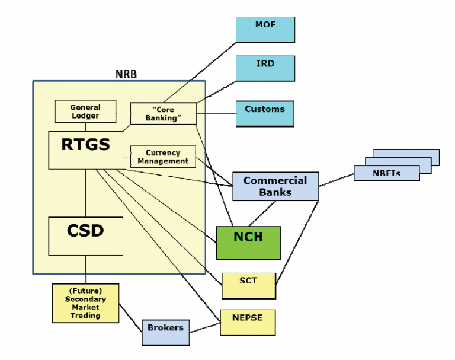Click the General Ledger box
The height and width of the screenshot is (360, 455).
pos(85,111)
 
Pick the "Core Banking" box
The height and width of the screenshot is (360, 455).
pos(163,113)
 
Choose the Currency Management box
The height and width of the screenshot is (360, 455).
pos(163,157)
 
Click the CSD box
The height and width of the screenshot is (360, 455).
pos(85,235)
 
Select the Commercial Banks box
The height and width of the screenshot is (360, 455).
pos(275,186)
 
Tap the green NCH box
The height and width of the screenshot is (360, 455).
pos(248,242)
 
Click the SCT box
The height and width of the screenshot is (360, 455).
pos(249,285)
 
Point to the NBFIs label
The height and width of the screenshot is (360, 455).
pos(386,173)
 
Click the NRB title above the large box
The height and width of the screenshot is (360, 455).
pos(126,75)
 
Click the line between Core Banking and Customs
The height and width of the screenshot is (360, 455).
pos(216,112)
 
